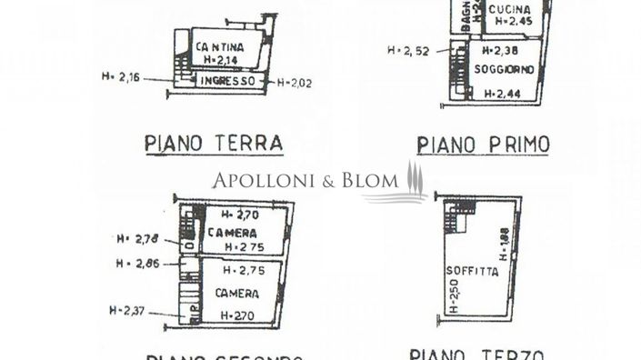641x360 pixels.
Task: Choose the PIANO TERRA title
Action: (214, 143)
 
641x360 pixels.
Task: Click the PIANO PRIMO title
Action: (483, 144)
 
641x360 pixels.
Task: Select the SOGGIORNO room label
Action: (503, 70)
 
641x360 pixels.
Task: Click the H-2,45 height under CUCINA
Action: (511, 25)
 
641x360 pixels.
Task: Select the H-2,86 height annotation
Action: (135, 265)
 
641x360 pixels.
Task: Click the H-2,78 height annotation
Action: (135, 239)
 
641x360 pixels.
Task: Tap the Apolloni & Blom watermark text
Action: (300, 181)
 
